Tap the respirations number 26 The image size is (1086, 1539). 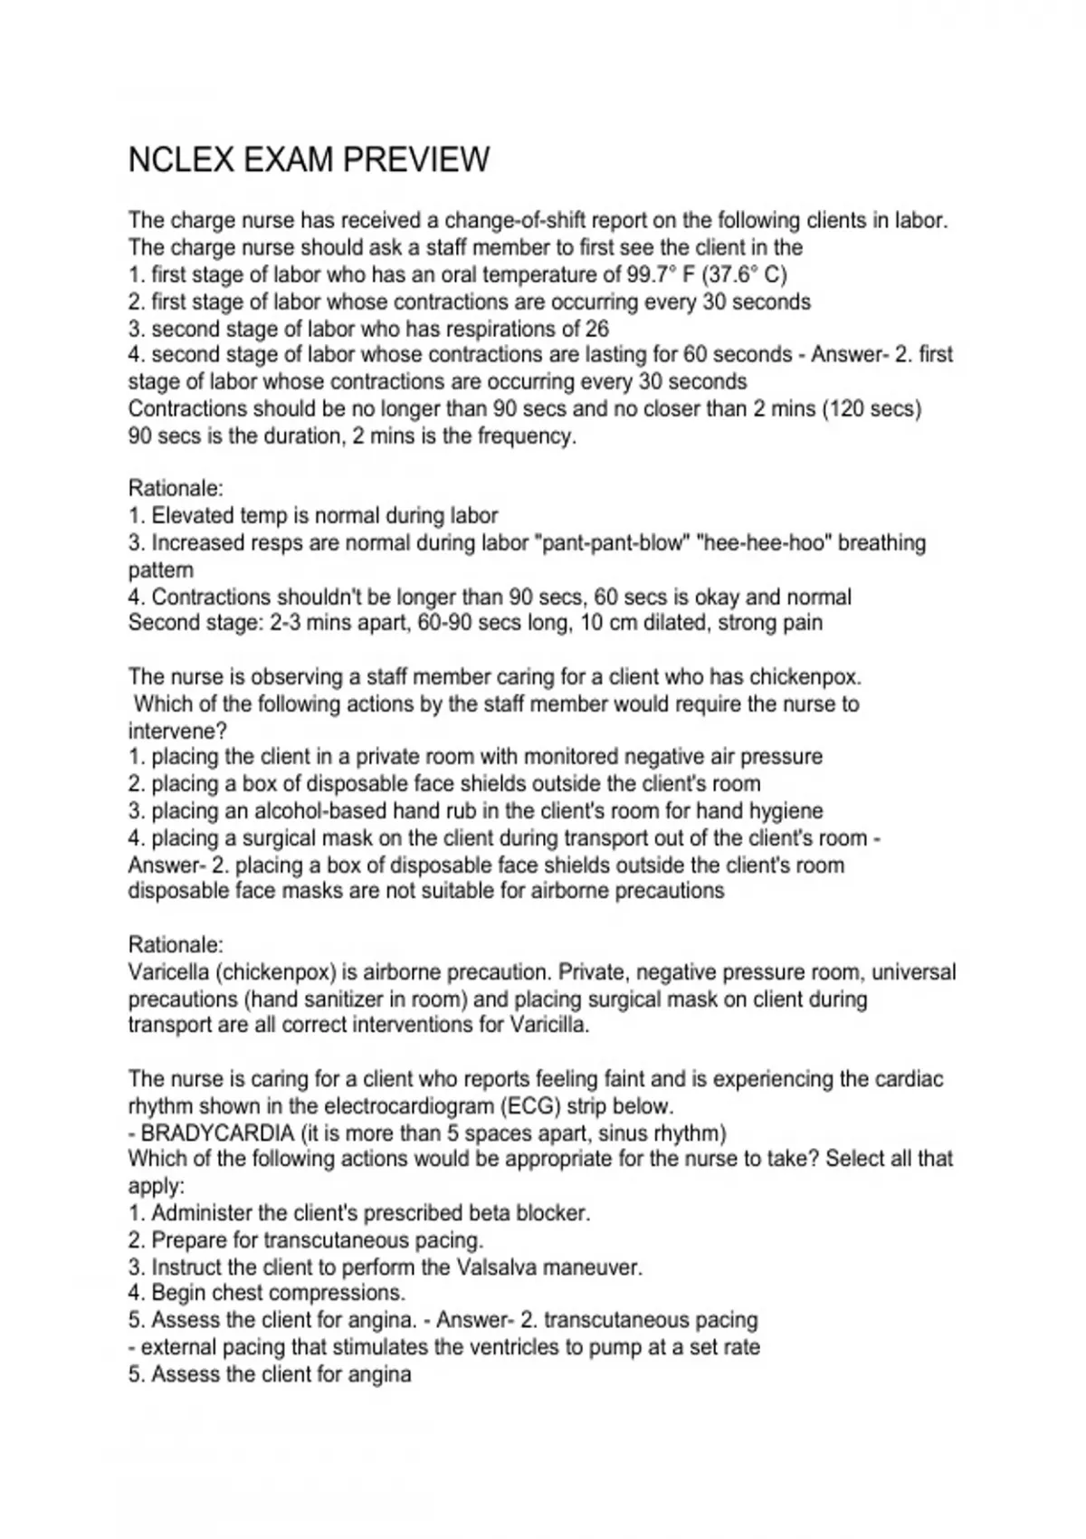coord(596,329)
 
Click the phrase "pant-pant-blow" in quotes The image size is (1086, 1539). coord(613,543)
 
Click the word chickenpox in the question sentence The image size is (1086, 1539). coord(804,677)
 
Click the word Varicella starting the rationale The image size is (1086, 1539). coord(169,972)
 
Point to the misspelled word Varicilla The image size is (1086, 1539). coord(549,1026)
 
